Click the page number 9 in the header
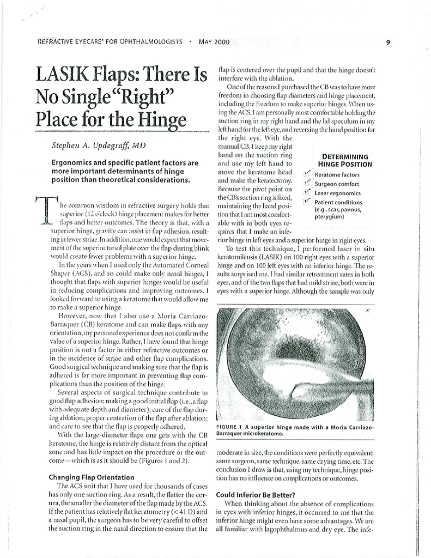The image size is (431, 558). point(387,42)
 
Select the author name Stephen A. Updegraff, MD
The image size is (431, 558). point(99,146)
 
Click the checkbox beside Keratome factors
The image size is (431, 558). point(308,174)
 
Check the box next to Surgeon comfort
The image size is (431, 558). point(308,184)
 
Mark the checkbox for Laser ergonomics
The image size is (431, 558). point(308,192)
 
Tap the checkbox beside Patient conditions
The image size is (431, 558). point(308,202)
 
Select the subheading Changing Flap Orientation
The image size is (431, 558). point(91,477)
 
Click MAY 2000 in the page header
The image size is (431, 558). point(214,42)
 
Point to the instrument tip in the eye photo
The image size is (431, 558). point(294,390)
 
